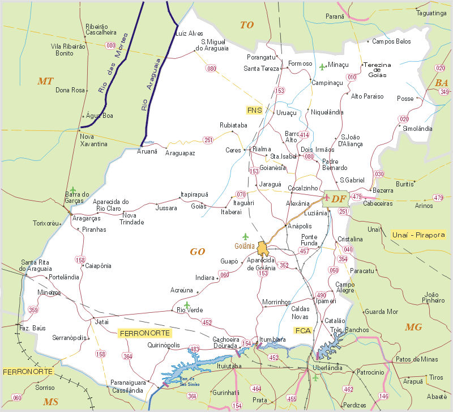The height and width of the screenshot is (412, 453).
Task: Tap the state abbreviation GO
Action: (196, 251)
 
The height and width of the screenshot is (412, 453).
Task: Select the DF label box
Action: (338, 198)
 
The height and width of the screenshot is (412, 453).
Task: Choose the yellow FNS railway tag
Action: (254, 110)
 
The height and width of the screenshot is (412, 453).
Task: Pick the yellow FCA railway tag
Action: (303, 330)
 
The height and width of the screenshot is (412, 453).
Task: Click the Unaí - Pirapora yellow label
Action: (418, 234)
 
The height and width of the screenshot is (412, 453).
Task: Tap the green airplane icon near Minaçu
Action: (323, 67)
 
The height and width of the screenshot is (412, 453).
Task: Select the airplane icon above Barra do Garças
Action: (72, 189)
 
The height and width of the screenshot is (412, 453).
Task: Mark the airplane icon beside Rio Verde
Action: (187, 305)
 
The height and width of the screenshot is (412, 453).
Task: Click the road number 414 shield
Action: (304, 135)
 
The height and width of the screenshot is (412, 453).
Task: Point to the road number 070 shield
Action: (241, 194)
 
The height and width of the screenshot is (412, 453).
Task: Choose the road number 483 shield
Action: (195, 349)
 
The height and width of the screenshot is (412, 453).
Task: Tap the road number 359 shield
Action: (33, 309)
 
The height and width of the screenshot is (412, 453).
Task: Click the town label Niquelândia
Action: (327, 112)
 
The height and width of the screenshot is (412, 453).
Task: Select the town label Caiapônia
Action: (98, 265)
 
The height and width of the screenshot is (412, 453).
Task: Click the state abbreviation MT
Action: (45, 81)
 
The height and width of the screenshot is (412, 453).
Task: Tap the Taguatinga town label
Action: (430, 13)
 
